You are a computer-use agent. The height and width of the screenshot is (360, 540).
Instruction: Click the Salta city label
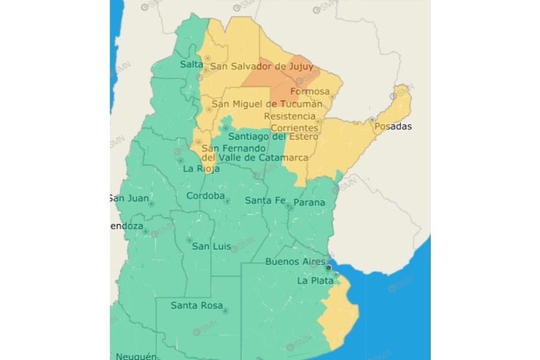pyautogui.click(x=191, y=65)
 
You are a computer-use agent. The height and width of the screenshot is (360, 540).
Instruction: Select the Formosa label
pyautogui.click(x=310, y=92)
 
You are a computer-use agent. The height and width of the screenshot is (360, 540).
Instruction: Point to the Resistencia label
pyautogui.click(x=289, y=116)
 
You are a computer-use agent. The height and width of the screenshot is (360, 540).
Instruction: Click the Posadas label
pyautogui.click(x=393, y=127)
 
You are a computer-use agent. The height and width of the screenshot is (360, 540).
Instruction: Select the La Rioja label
pyautogui.click(x=198, y=168)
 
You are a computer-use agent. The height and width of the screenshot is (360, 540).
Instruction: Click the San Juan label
pyautogui.click(x=129, y=199)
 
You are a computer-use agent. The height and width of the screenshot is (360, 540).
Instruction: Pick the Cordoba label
pyautogui.click(x=205, y=196)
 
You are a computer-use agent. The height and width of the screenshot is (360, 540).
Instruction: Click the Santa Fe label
pyautogui.click(x=265, y=200)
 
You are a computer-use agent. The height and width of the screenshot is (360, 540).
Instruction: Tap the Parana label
pyautogui.click(x=308, y=203)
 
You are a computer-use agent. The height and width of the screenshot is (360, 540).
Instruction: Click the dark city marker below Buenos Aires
pyautogui.click(x=329, y=268)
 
